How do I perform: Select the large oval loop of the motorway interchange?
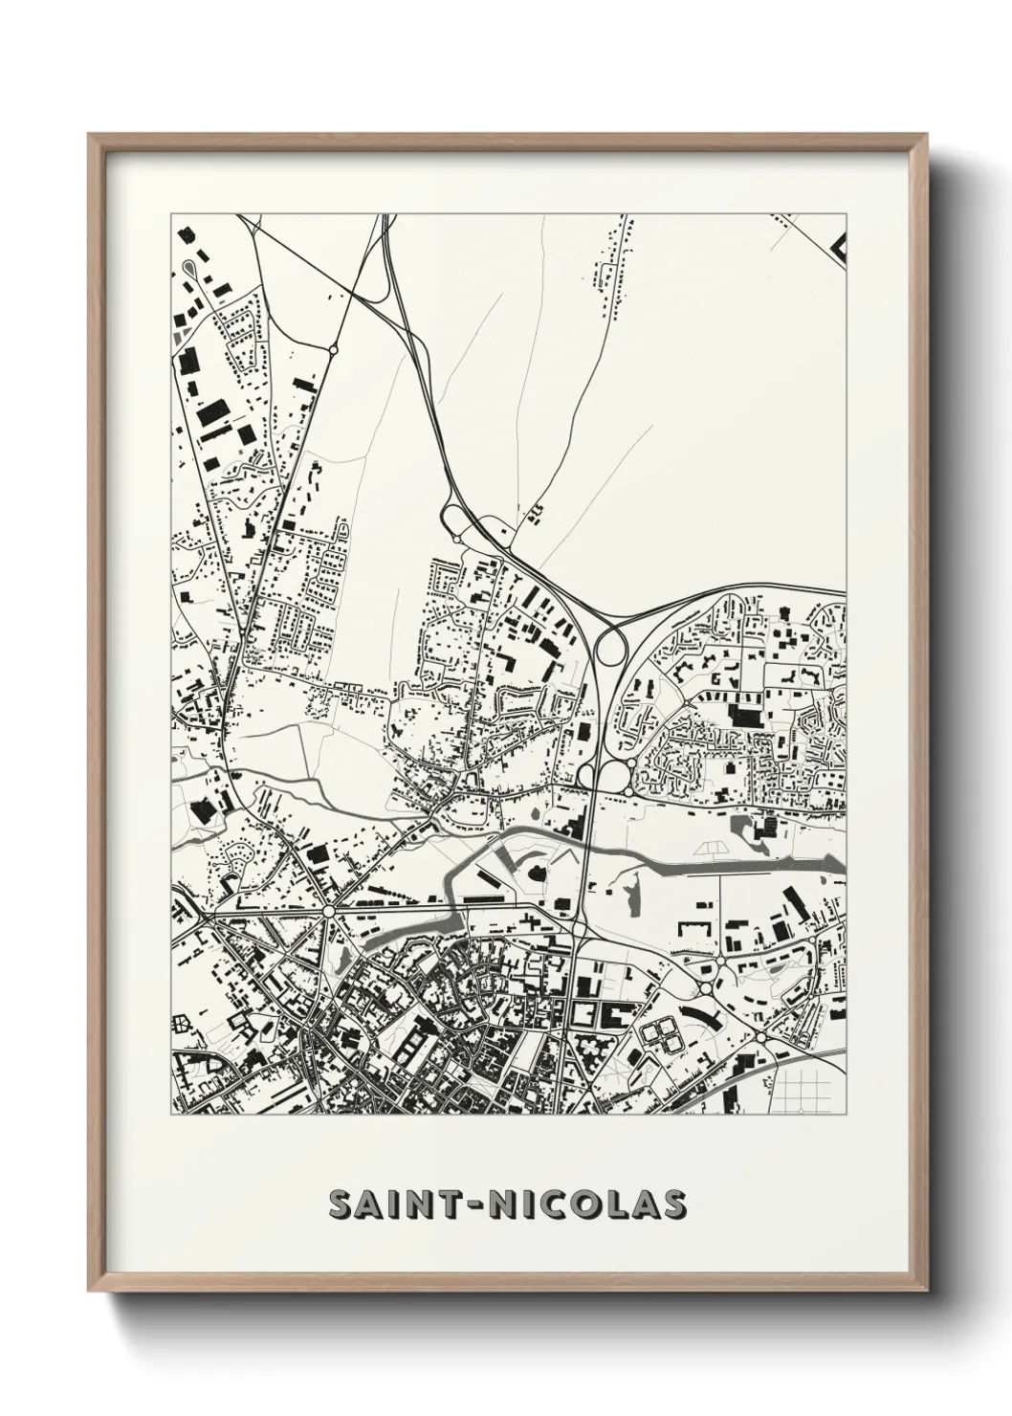(607, 652)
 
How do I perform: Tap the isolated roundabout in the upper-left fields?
(333, 351)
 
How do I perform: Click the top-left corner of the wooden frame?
(90, 135)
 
